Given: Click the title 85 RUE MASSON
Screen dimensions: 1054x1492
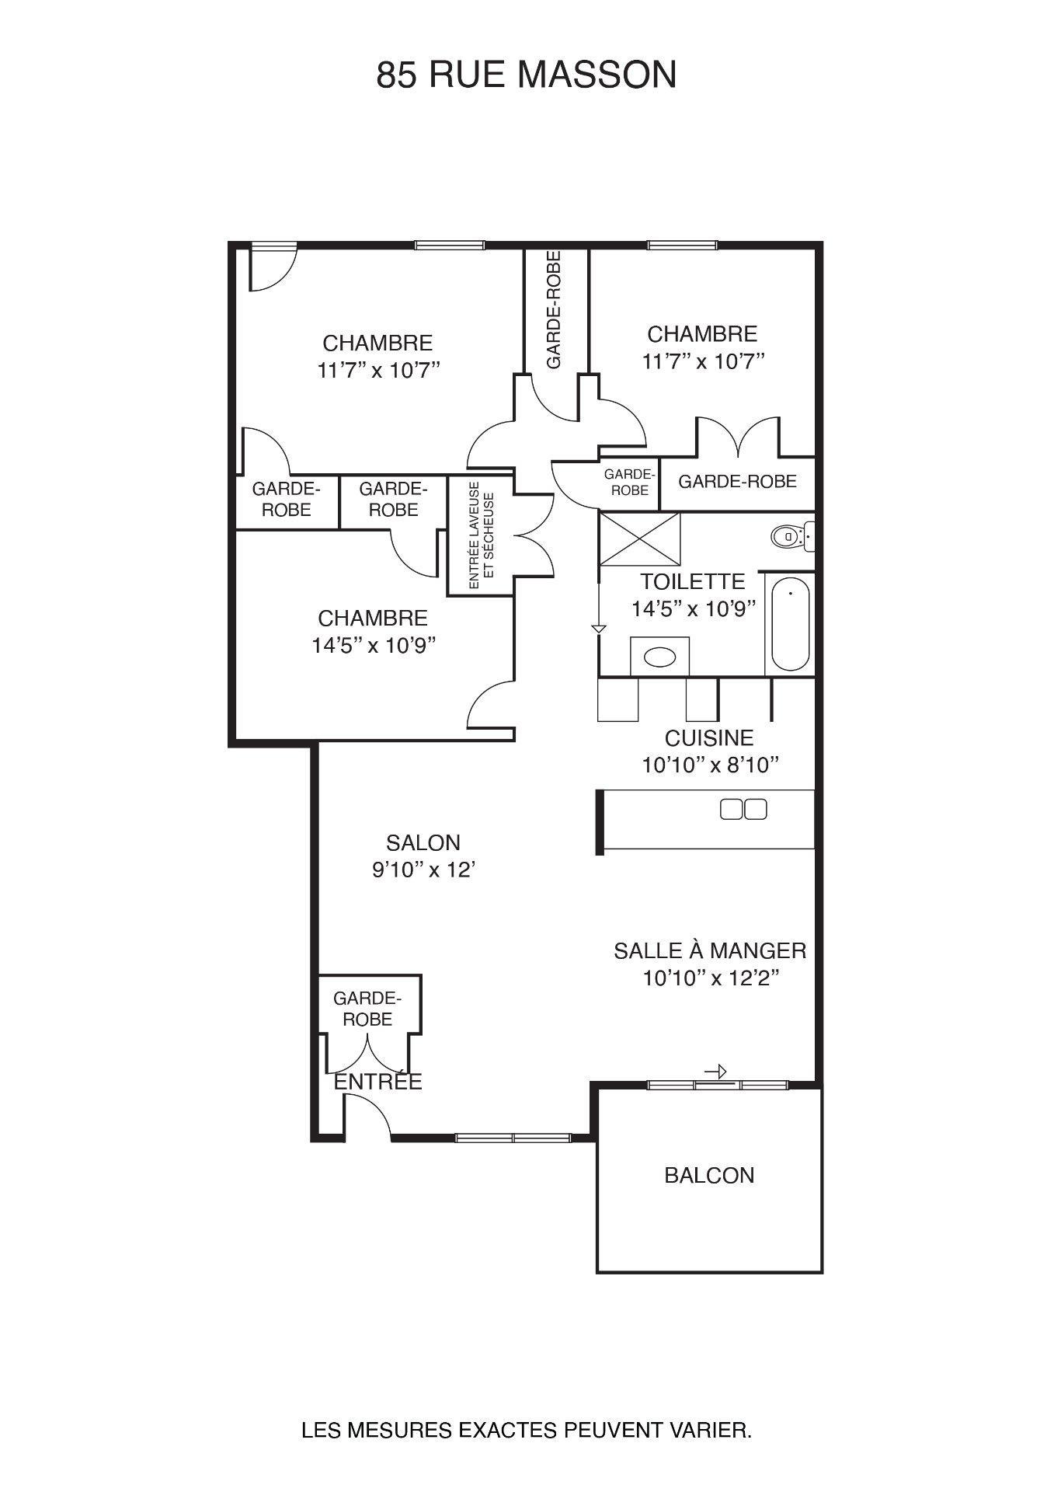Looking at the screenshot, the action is pos(527,75).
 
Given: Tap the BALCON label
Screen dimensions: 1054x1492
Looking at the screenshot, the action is pos(709,1175).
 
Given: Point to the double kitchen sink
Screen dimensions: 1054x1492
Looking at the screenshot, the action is pos(743,809).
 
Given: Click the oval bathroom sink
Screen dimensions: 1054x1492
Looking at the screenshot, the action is pos(660,657).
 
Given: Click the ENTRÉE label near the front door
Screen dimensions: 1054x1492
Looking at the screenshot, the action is pos(377,1081).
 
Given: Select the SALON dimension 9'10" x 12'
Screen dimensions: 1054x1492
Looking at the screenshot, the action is pos(423,870).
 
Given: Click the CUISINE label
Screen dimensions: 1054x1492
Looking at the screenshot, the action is pos(709,737).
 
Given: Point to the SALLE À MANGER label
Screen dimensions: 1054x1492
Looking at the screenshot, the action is pos(710,950).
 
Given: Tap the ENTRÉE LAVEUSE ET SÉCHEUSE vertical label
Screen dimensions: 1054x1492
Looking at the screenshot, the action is pos(482,536).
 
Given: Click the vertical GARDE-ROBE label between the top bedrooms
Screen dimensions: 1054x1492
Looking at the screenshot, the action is pos(554,310).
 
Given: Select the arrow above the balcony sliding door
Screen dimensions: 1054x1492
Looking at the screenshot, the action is pos(715,1072).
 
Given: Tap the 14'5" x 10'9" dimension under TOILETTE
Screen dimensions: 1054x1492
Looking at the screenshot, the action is pos(694,608).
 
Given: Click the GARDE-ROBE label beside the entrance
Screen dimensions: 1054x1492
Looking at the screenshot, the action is pos(367,1008).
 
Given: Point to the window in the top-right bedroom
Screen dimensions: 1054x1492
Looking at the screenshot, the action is pos(683,246).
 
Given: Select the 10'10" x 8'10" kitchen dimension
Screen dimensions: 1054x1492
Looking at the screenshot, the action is pos(710,765).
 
